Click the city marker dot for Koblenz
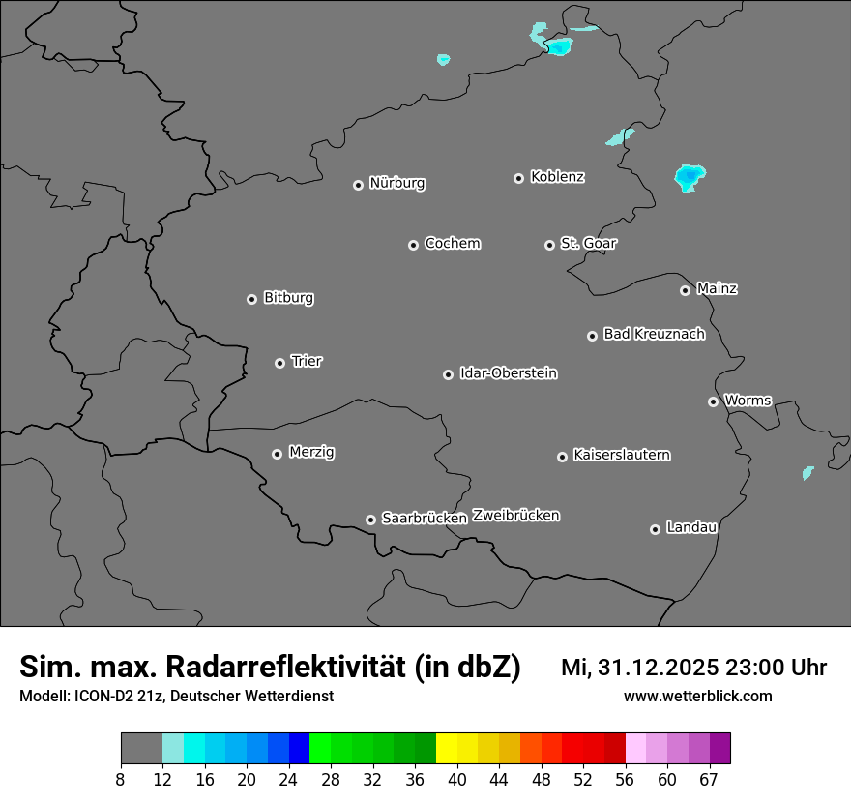click(518, 178)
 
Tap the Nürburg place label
click(396, 183)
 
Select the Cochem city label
click(453, 243)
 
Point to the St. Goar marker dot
click(549, 245)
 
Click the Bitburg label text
click(288, 298)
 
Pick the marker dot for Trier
click(279, 363)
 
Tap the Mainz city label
click(717, 288)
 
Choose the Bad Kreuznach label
click(654, 334)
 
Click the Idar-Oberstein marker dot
click(448, 374)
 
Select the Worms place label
click(748, 400)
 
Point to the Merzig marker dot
click(277, 454)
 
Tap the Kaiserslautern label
click(622, 455)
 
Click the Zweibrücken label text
click(515, 515)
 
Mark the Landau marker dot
click(655, 529)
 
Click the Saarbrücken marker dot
click(370, 520)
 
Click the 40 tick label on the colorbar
click(457, 780)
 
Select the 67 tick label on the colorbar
click(709, 780)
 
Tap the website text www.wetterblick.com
click(698, 696)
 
